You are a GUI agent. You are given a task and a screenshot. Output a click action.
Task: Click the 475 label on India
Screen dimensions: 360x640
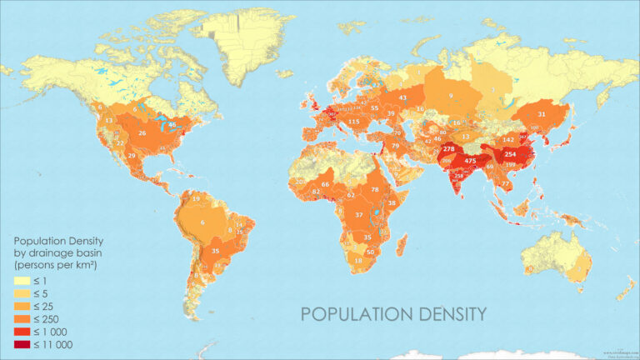tap(470, 161)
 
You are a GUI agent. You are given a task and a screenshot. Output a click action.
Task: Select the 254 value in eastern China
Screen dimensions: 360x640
tap(511, 155)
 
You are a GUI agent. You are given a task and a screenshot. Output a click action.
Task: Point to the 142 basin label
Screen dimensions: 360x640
tap(507, 140)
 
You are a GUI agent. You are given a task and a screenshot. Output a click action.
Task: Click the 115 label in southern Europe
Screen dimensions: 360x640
tap(353, 122)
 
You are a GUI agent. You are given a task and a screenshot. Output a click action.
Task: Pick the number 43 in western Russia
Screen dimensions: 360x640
tap(402, 97)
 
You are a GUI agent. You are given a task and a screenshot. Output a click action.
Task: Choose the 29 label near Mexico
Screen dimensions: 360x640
tap(132, 156)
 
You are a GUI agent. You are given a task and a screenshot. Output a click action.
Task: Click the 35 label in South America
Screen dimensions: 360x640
tap(216, 251)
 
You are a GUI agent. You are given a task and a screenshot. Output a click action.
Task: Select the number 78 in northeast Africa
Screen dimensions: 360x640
tap(375, 190)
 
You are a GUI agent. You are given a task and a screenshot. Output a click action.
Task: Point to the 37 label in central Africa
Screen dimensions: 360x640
tap(359, 215)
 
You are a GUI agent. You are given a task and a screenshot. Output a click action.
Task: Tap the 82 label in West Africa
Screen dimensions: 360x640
tap(316, 192)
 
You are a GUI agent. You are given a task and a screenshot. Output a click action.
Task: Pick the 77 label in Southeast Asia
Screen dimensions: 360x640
tap(505, 183)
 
